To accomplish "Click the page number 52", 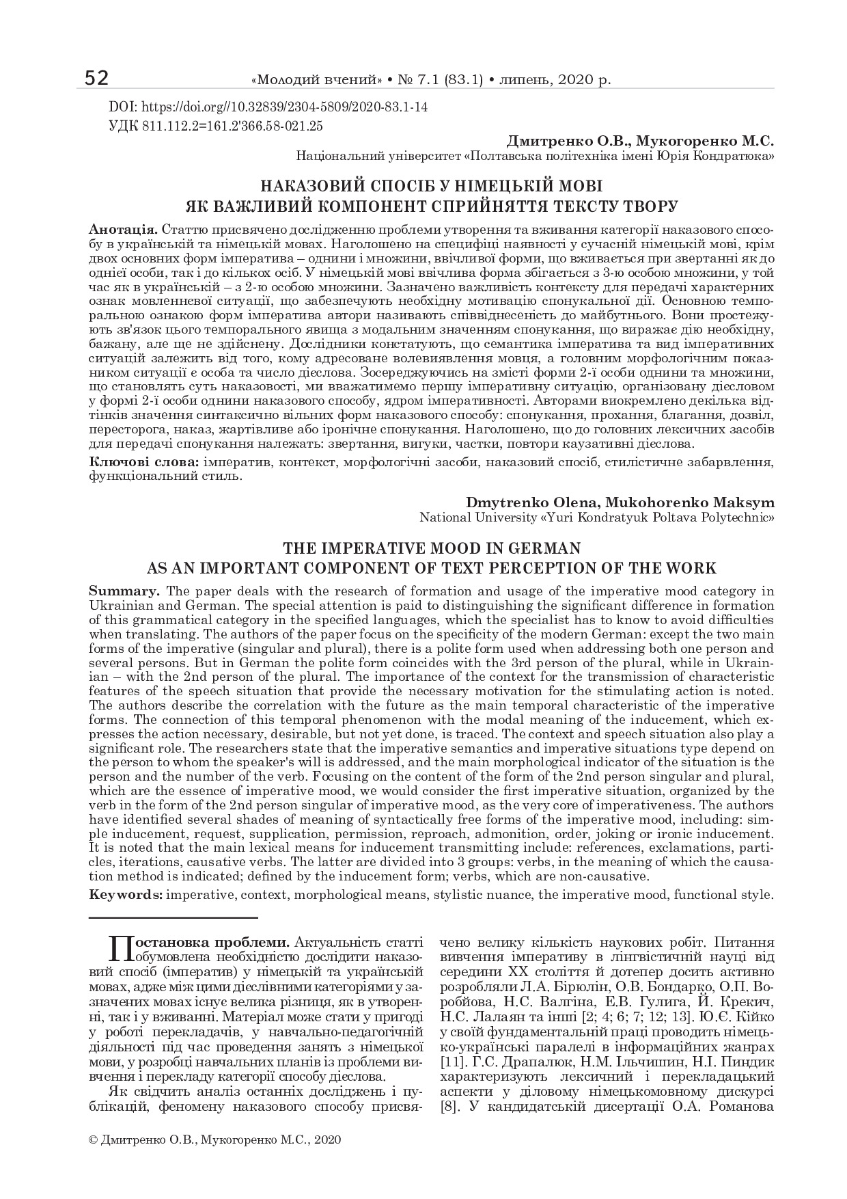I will [x=96, y=79].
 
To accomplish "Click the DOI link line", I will [x=268, y=107].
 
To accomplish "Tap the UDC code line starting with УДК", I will [x=216, y=126].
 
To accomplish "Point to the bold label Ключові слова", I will [x=144, y=463].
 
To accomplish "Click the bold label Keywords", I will [x=126, y=894].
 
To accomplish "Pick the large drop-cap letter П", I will [x=120, y=949].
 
